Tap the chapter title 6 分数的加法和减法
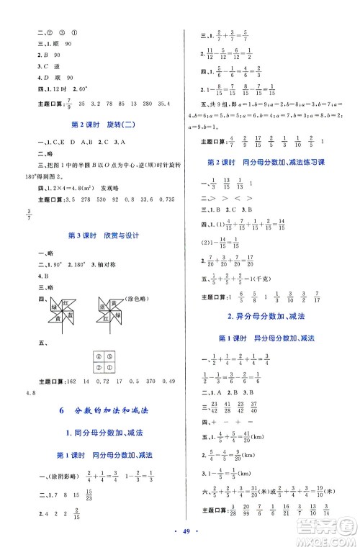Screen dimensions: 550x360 (x=101, y=411)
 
